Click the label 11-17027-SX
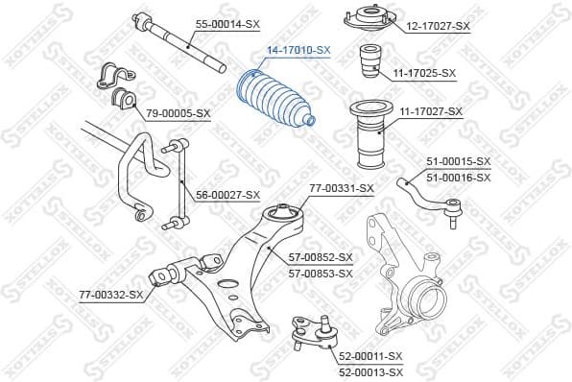pos(430,111)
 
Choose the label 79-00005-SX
pos(178,113)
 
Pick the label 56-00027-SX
pos(228,195)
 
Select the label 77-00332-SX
pos(110,293)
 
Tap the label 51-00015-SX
pos(457,160)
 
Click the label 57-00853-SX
pos(321,274)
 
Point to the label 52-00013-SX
pos(369,370)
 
